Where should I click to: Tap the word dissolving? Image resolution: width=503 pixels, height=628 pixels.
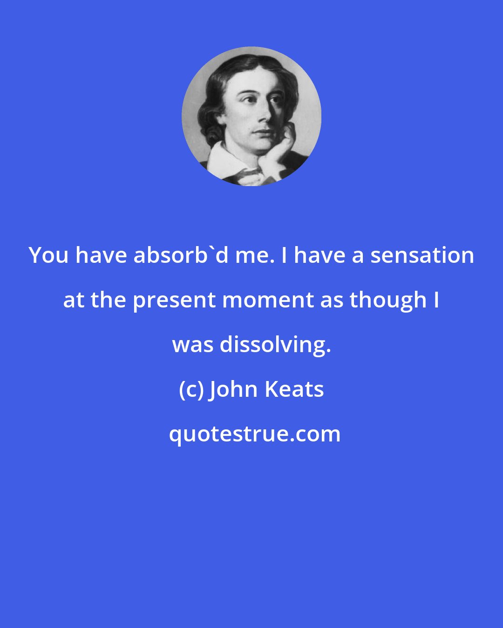tap(275, 345)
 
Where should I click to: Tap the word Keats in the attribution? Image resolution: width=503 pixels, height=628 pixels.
tap(294, 389)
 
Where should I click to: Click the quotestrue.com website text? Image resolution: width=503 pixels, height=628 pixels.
tap(254, 434)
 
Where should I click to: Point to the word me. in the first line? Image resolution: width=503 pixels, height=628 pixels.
tap(251, 255)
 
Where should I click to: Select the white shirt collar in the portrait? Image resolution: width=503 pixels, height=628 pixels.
tap(224, 160)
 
